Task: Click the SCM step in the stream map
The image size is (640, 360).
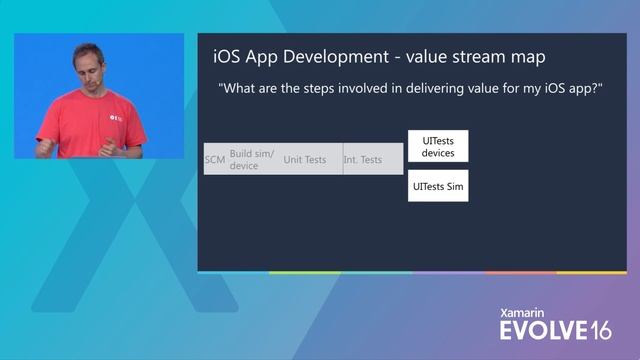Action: [215, 159]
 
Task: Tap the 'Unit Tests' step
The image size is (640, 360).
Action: [305, 159]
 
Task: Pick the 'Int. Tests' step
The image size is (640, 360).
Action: [363, 159]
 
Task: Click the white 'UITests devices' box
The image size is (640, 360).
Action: [438, 146]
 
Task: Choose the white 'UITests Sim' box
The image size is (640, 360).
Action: [438, 186]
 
